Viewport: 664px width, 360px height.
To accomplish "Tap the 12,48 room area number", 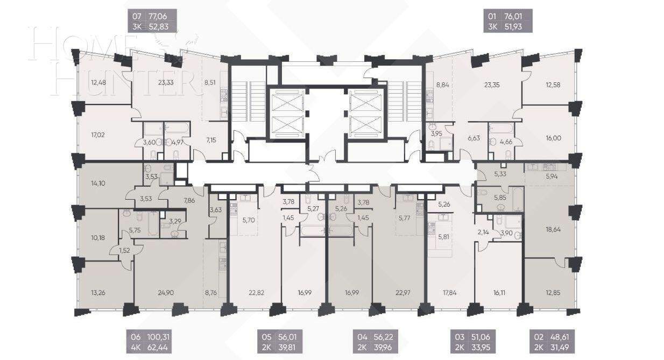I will coord(98,82).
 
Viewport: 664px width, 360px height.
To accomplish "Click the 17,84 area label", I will coord(449,293).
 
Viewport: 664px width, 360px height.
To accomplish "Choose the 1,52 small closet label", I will coord(125,251).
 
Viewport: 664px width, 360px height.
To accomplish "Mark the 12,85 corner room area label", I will coord(550,293).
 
